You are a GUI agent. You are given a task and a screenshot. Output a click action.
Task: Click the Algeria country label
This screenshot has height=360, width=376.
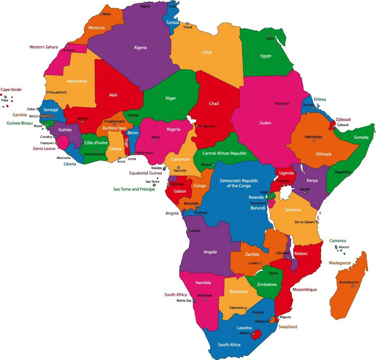(140, 48)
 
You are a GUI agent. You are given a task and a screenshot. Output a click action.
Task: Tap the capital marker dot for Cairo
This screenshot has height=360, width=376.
(269, 35)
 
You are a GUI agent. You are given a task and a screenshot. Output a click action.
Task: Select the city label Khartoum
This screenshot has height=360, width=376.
(282, 104)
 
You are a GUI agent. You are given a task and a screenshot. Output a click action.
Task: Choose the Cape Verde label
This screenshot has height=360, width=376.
(11, 90)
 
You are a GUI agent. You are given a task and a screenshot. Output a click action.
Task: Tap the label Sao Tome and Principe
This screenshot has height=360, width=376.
(134, 189)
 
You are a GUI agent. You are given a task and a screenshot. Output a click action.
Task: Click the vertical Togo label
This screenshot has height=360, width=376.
(127, 143)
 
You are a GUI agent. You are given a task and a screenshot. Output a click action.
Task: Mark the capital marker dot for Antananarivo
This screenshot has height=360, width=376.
(353, 286)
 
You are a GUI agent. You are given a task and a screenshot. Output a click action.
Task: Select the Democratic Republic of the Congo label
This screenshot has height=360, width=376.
(239, 183)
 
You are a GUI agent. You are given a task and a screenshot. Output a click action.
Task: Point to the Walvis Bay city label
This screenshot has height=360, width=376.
(184, 301)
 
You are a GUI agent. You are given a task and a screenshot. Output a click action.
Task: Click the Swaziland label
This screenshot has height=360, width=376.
(288, 327)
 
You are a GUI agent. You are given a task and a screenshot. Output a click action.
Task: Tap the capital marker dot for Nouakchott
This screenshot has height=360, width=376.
(48, 92)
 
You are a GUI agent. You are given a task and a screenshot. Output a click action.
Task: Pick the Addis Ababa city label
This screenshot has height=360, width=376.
(313, 137)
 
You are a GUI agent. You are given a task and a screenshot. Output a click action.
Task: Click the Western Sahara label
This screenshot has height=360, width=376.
(44, 47)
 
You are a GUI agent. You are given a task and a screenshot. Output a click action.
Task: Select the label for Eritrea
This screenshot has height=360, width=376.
(320, 99)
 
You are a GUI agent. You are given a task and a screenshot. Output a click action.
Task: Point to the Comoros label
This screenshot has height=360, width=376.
(337, 241)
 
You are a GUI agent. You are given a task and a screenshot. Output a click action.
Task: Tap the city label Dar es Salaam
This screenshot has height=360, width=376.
(304, 222)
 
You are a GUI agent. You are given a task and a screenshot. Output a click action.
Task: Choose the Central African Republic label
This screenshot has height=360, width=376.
(224, 153)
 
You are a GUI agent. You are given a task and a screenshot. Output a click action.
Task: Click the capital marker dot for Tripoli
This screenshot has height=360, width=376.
(187, 23)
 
